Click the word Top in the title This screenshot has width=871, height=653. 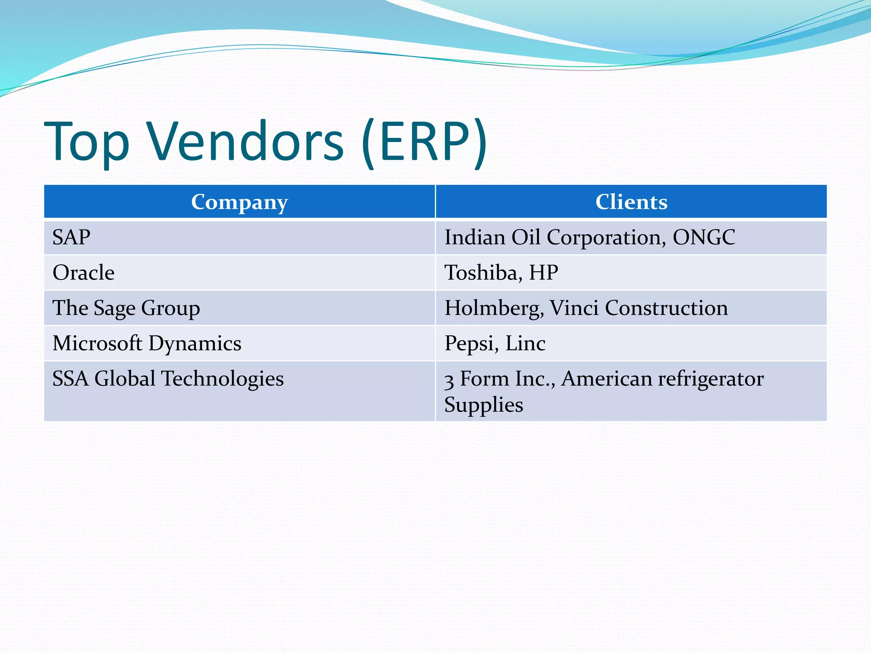pyautogui.click(x=87, y=142)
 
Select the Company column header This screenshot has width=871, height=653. pyautogui.click(x=239, y=202)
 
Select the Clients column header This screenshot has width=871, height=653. pyautogui.click(x=631, y=202)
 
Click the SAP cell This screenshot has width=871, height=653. pyautogui.click(x=71, y=237)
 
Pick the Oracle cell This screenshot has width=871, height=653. pyautogui.click(x=83, y=273)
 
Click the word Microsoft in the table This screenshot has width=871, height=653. pyautogui.click(x=97, y=343)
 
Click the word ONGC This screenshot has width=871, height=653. pyautogui.click(x=703, y=237)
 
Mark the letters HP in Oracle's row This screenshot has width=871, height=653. pyautogui.click(x=543, y=273)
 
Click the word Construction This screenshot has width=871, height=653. pyautogui.click(x=666, y=308)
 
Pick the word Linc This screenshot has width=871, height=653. pyautogui.click(x=525, y=343)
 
